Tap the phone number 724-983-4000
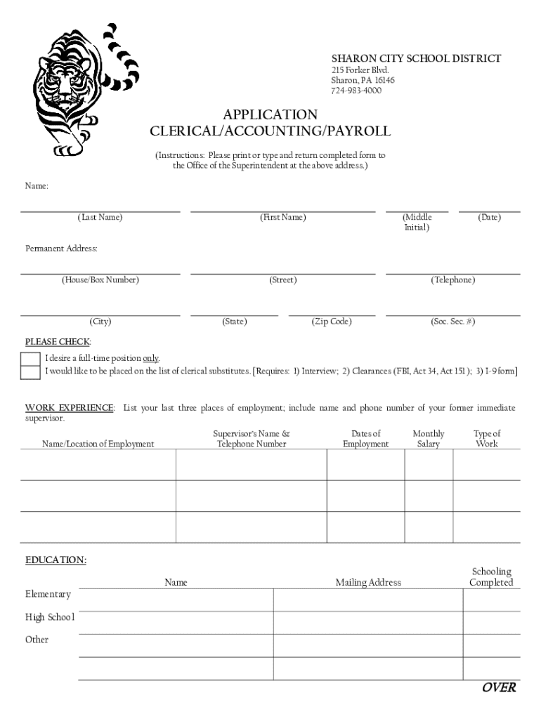tap(356, 91)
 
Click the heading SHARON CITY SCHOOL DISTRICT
tap(416, 58)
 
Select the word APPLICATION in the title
tap(270, 114)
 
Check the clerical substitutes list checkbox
tap(30, 372)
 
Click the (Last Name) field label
tap(100, 218)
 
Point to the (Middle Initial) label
tap(417, 223)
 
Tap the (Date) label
tap(489, 218)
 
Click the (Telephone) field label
tap(452, 280)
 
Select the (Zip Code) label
tap(332, 322)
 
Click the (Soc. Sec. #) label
tap(452, 322)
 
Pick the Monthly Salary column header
tap(429, 439)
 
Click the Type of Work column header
tap(487, 439)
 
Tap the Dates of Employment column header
tap(365, 439)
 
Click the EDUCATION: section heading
tap(56, 560)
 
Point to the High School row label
tap(50, 617)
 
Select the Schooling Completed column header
tap(491, 577)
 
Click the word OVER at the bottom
tap(499, 687)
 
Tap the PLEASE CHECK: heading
tap(58, 342)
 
